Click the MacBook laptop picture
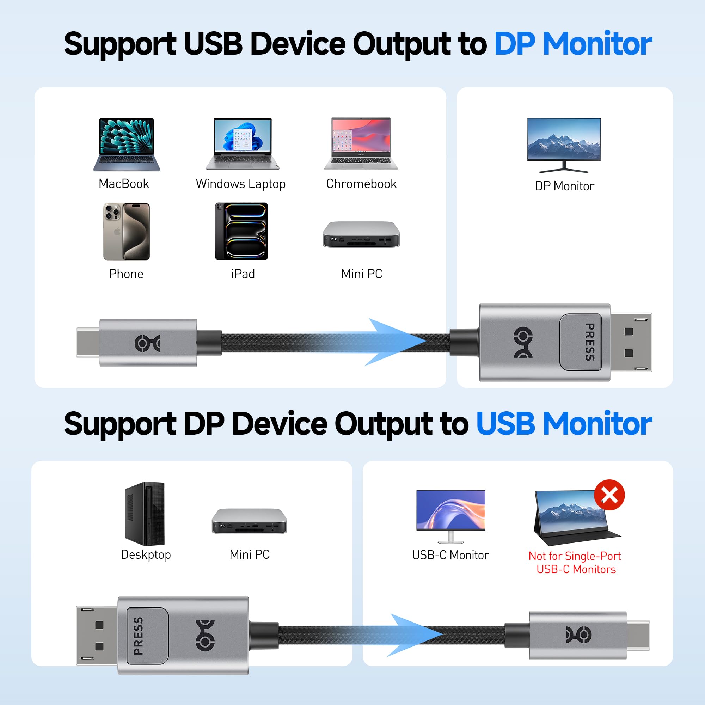pos(127,144)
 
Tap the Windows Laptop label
pos(240,184)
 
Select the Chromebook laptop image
pos(361,143)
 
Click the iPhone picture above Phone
pos(126,231)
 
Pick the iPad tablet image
pos(241,231)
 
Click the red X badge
pos(609,495)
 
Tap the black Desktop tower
pos(145,514)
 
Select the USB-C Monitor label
pos(450,555)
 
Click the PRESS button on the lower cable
pos(147,636)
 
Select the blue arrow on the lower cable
pos(412,635)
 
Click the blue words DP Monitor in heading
pos(573,44)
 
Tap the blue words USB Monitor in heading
pos(564,424)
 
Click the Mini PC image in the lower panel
pos(249,521)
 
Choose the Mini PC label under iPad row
pos(362,274)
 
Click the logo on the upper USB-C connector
pos(147,343)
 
